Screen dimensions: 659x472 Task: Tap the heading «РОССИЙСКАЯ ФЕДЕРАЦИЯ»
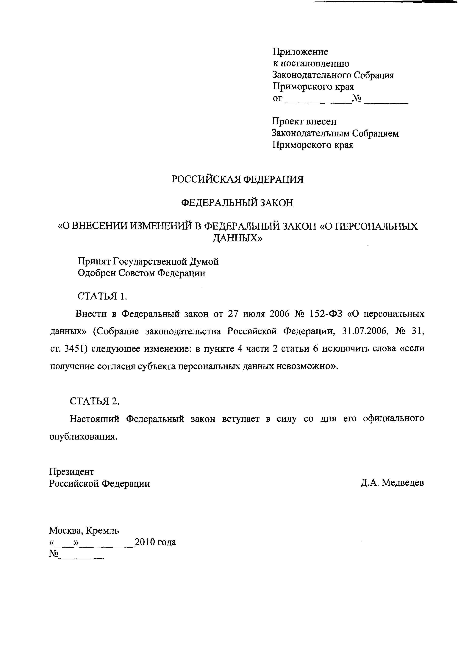coord(237,179)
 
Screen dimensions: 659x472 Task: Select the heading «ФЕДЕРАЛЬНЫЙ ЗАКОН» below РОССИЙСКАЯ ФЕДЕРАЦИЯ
coord(237,202)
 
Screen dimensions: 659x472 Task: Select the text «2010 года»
coord(155,542)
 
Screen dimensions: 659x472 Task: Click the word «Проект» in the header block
coord(287,121)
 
